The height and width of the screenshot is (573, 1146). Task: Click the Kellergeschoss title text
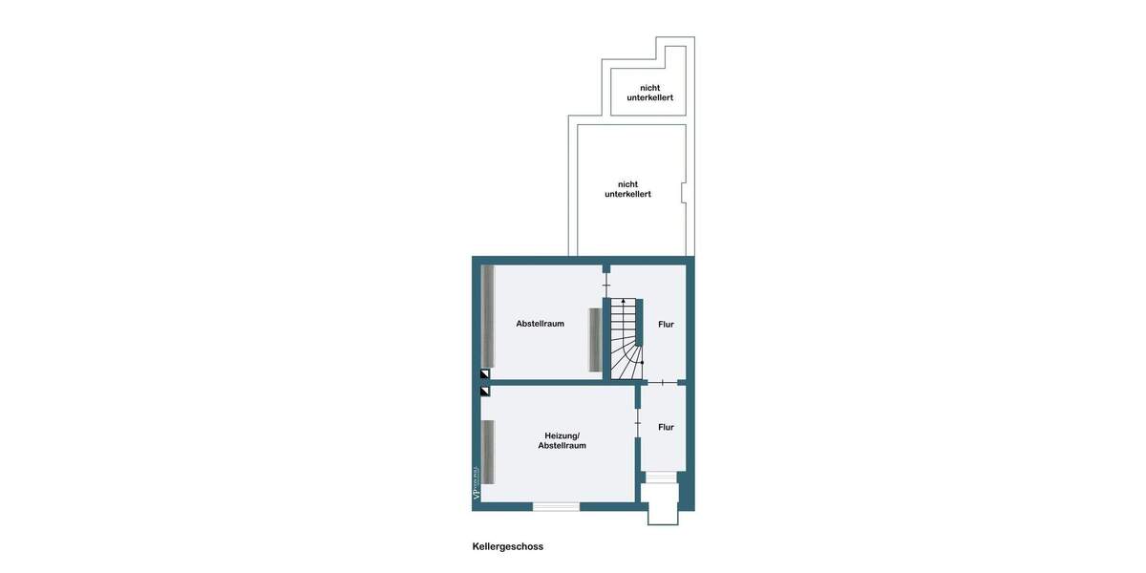pyautogui.click(x=507, y=547)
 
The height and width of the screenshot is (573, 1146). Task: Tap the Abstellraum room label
pyautogui.click(x=540, y=324)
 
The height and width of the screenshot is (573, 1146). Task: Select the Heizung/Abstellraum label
pyautogui.click(x=562, y=440)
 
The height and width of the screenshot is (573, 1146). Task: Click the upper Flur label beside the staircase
pyautogui.click(x=666, y=325)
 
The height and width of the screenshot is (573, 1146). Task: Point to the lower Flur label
pyautogui.click(x=666, y=427)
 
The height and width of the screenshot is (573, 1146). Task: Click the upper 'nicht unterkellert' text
pyautogui.click(x=649, y=93)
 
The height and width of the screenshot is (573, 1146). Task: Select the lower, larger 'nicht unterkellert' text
pyautogui.click(x=627, y=189)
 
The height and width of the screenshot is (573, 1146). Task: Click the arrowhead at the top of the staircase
pyautogui.click(x=624, y=301)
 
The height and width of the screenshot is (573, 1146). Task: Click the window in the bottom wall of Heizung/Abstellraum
pyautogui.click(x=556, y=506)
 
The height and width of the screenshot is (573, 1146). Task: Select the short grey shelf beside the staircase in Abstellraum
pyautogui.click(x=594, y=340)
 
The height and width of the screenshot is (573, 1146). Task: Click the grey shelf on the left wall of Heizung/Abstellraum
pyautogui.click(x=487, y=452)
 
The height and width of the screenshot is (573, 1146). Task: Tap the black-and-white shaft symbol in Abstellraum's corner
pyautogui.click(x=485, y=374)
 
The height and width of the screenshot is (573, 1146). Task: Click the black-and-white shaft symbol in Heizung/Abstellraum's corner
pyautogui.click(x=485, y=391)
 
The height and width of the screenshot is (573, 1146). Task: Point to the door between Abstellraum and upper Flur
pyautogui.click(x=606, y=285)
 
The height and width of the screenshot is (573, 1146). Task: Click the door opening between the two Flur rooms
pyautogui.click(x=663, y=383)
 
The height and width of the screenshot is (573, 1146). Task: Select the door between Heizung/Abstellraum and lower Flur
pyautogui.click(x=638, y=421)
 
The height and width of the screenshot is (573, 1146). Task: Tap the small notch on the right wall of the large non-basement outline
pyautogui.click(x=683, y=193)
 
